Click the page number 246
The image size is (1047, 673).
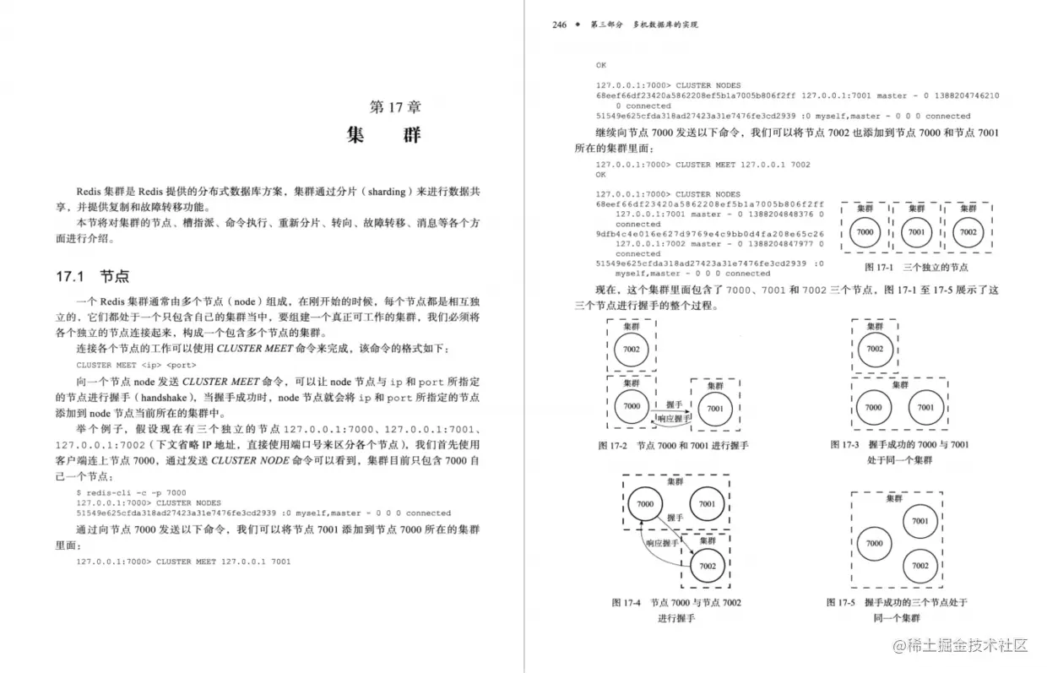(559, 24)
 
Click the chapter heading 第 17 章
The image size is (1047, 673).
(396, 107)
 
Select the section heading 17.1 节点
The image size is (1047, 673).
(93, 276)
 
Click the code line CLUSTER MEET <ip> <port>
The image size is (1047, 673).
(136, 365)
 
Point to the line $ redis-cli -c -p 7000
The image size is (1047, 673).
(131, 492)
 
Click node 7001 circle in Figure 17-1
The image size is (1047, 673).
(916, 232)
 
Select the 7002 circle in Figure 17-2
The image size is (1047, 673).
(632, 350)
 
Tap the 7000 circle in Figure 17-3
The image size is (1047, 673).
(874, 407)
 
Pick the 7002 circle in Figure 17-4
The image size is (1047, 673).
(708, 566)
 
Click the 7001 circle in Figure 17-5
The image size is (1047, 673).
(920, 522)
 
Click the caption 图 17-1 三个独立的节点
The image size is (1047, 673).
(916, 268)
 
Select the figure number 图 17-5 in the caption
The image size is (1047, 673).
(841, 602)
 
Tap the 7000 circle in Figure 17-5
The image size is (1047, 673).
(874, 544)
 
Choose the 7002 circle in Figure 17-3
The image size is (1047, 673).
(875, 349)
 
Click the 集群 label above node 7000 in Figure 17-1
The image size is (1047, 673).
(865, 209)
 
